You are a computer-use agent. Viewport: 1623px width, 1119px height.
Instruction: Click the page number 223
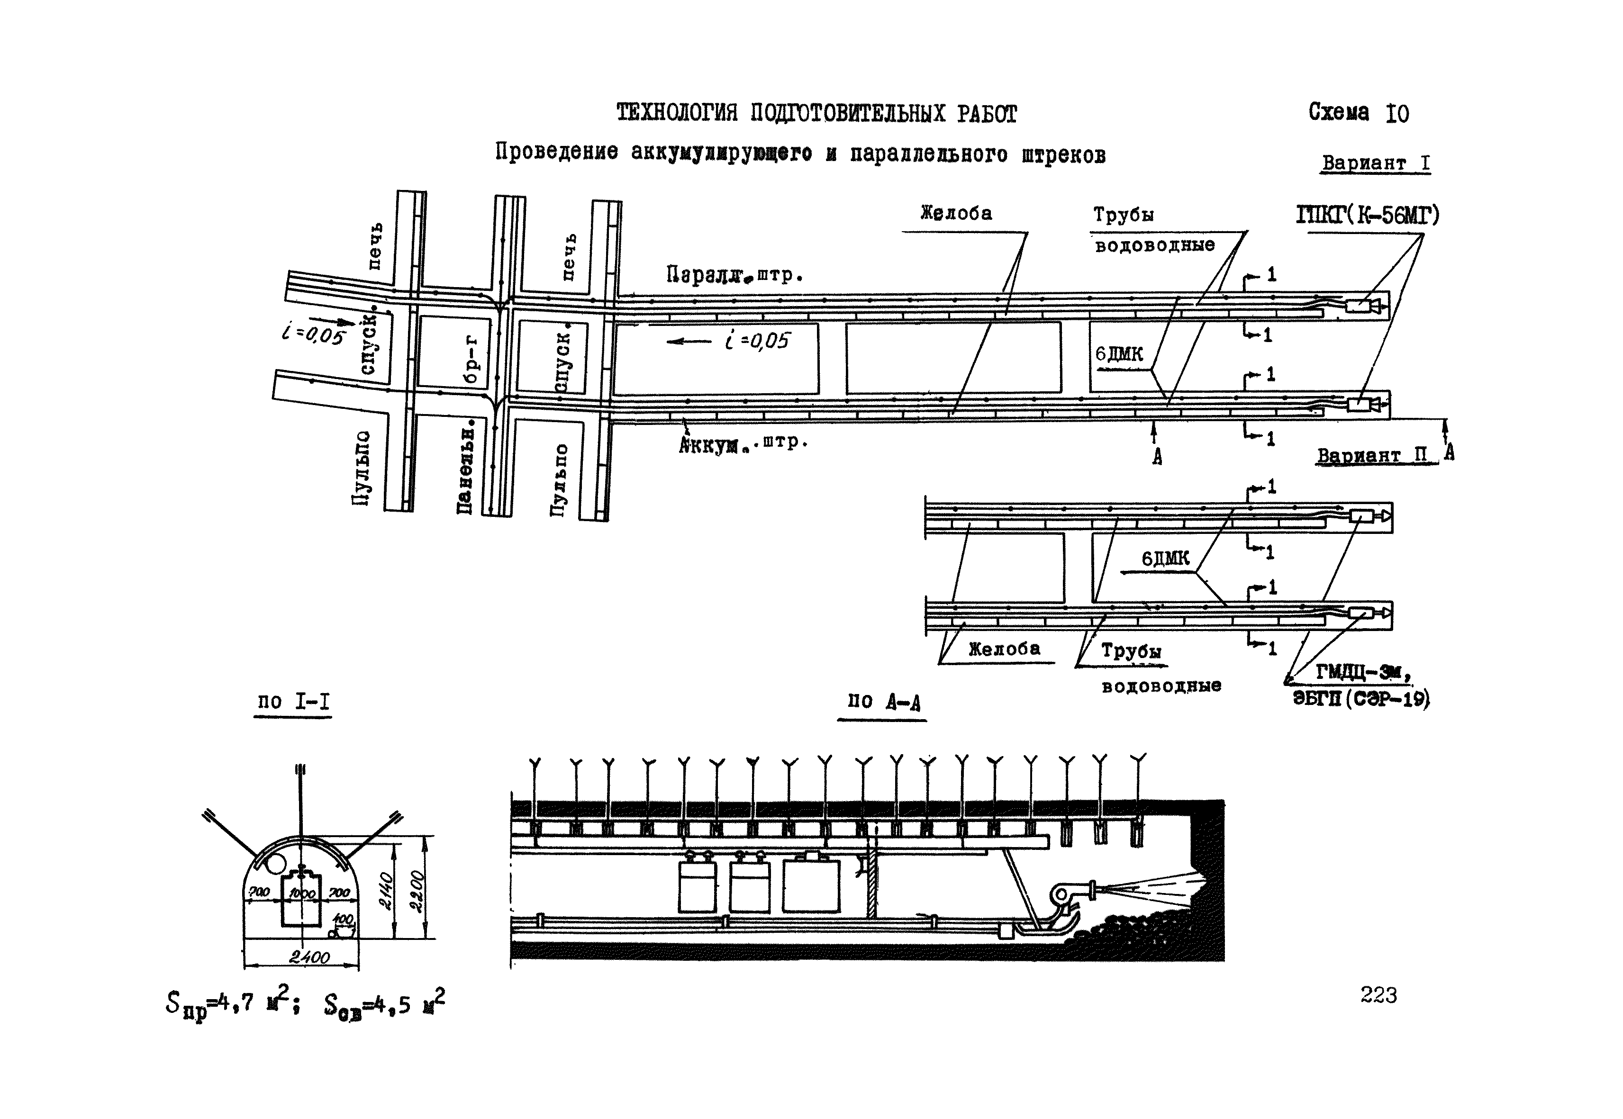[x=1378, y=995]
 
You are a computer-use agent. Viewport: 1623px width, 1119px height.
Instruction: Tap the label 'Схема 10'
[x=1358, y=113]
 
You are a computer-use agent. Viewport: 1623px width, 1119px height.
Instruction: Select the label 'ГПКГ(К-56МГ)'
[x=1367, y=215]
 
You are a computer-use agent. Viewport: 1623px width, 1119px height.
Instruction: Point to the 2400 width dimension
[x=309, y=957]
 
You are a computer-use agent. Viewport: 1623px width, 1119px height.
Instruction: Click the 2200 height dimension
[x=417, y=891]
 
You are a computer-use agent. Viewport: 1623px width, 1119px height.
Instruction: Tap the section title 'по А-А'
[x=883, y=702]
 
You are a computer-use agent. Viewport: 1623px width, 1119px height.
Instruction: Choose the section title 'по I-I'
[x=293, y=701]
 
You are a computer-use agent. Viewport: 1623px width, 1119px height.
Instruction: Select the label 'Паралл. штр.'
[x=733, y=275]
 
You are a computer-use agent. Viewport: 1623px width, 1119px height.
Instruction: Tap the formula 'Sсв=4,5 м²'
[x=384, y=1005]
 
